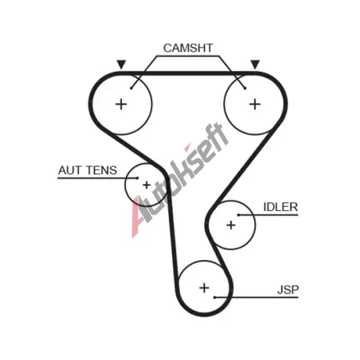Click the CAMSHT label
click(x=188, y=48)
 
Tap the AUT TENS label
click(x=88, y=170)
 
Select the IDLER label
click(x=280, y=207)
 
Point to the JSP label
click(x=288, y=289)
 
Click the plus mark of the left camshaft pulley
click(x=121, y=104)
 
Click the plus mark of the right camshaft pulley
click(x=255, y=104)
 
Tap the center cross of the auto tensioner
click(x=146, y=185)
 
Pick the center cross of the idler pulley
click(x=231, y=225)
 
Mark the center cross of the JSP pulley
click(x=204, y=288)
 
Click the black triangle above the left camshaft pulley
click(x=121, y=64)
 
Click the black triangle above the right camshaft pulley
click(x=255, y=64)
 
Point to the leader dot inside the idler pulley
click(x=238, y=215)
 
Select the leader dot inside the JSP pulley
click(x=215, y=297)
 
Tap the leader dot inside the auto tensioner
click(x=137, y=178)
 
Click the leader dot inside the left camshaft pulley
click(x=131, y=89)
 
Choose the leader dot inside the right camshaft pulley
click(x=245, y=89)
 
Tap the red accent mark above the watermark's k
click(x=187, y=148)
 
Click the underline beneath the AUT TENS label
click(x=97, y=178)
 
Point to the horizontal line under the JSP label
click(x=256, y=297)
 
